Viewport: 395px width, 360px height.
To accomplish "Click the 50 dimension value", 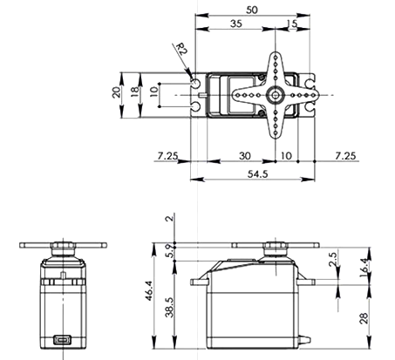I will point(252,9).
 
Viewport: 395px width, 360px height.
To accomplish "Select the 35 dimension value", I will point(236,25).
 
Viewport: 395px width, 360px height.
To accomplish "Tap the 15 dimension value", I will point(291,26).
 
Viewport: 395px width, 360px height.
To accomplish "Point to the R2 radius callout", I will point(180,50).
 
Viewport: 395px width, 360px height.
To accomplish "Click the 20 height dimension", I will point(116,94).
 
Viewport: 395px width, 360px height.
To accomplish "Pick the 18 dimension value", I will point(133,94).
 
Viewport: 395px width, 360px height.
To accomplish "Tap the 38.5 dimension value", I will point(168,308).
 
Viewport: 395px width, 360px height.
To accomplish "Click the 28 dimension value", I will point(364,319).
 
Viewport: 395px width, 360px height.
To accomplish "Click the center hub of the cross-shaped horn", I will point(275,93).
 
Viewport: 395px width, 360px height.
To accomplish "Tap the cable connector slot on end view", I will point(62,339).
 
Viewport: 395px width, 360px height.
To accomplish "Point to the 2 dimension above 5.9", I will point(168,218).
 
